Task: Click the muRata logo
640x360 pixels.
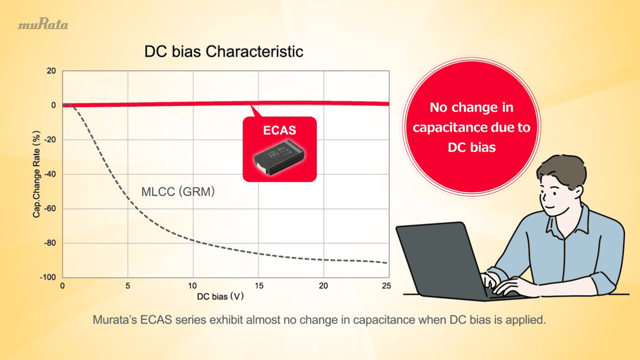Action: (x=43, y=24)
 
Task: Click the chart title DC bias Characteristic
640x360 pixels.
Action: (x=224, y=51)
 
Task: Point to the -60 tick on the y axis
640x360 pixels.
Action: (x=50, y=209)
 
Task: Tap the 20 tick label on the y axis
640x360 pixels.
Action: (x=51, y=71)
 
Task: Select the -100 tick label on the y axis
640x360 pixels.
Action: (x=48, y=278)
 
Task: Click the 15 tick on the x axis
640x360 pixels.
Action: (x=259, y=286)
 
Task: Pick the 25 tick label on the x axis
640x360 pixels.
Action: (x=386, y=286)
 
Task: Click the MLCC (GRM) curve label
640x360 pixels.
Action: (x=178, y=192)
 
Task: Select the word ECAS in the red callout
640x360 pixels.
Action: (x=279, y=130)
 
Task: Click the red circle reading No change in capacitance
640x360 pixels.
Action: (x=471, y=127)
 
